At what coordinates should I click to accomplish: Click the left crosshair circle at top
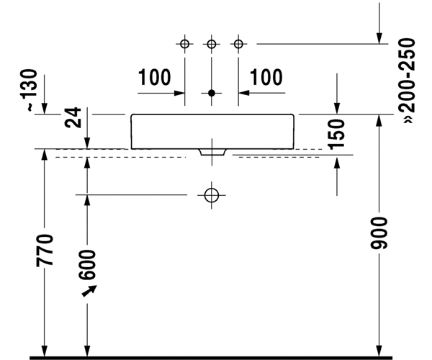pos(185,45)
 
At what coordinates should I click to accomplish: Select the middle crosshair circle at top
pos(212,45)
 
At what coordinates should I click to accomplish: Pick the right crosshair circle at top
pos(238,45)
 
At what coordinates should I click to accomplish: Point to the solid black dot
pos(212,93)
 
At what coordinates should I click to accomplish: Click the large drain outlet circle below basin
pos(212,194)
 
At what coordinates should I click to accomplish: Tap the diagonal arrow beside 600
pos(89,290)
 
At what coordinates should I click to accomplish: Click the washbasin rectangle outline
pos(212,131)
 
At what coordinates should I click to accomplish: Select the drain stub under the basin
pos(212,153)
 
